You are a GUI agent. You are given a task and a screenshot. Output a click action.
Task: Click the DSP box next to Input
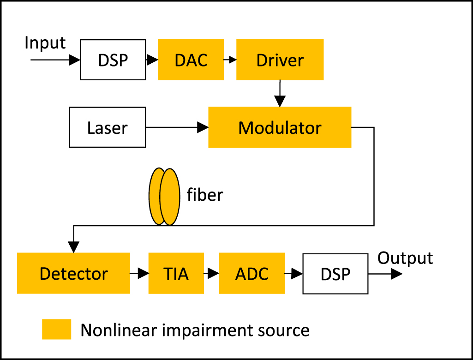[113, 60]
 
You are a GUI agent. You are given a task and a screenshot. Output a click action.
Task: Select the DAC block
[191, 60]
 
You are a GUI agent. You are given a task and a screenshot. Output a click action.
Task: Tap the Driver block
[280, 60]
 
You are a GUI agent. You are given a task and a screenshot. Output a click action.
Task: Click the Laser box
[107, 127]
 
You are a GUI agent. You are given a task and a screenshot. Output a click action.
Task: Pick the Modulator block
[280, 127]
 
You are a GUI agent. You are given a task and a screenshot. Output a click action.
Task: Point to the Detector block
[73, 273]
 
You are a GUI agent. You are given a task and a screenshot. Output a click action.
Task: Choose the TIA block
[176, 273]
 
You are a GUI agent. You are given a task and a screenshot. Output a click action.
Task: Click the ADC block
[251, 273]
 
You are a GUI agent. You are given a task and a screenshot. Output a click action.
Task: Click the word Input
[45, 43]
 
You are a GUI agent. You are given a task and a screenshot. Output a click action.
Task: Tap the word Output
[405, 258]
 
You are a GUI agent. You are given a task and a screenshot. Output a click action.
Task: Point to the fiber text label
[205, 195]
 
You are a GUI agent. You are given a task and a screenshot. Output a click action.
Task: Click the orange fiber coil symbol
[164, 196]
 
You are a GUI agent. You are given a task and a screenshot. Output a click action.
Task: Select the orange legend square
[56, 330]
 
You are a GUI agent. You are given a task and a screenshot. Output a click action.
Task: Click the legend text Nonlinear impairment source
[195, 330]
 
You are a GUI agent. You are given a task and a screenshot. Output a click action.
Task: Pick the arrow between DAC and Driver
[230, 60]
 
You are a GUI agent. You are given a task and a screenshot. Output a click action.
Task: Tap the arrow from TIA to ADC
[211, 274]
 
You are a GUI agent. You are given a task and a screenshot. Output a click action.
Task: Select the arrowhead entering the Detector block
[73, 247]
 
